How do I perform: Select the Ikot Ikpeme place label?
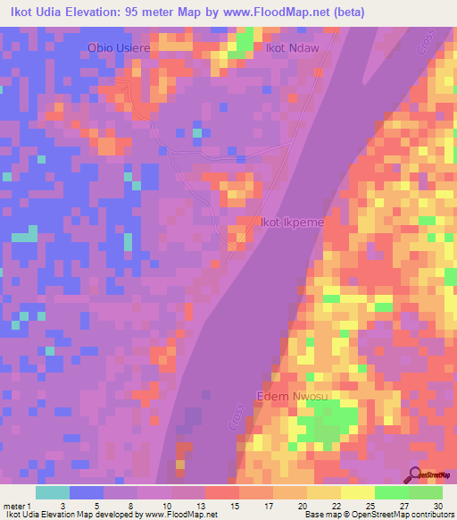[287, 222]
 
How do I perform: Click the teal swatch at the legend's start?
[52, 492]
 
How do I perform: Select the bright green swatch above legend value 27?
[392, 492]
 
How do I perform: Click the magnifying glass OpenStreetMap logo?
[413, 475]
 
